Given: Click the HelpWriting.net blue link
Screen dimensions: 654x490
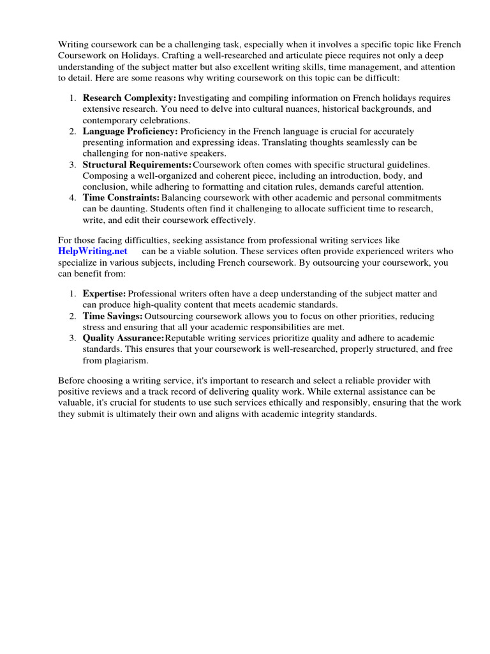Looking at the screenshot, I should [x=93, y=251].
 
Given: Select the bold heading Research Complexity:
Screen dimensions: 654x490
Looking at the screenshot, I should [x=130, y=98].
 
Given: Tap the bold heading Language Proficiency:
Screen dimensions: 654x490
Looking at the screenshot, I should [x=130, y=131].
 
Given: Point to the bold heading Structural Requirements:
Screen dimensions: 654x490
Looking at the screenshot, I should [x=137, y=165].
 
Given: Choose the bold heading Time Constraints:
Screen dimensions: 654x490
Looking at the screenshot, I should [x=121, y=198].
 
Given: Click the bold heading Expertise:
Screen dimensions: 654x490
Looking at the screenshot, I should [x=105, y=293].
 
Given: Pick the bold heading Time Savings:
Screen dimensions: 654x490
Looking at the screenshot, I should [x=112, y=316].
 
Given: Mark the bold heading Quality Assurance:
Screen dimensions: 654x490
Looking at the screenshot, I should [x=123, y=338].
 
